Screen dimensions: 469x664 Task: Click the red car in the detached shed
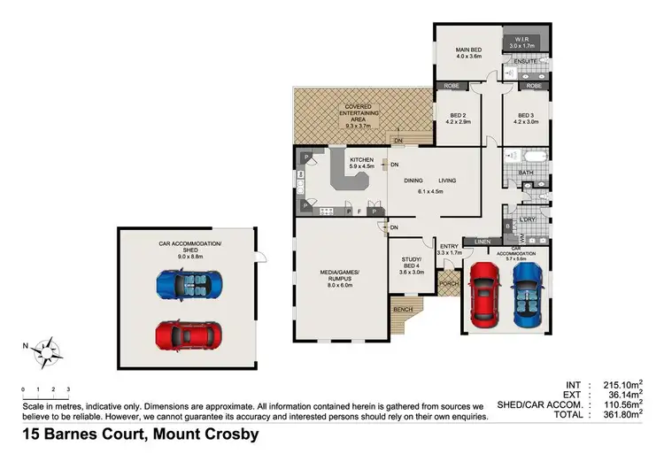click(189, 334)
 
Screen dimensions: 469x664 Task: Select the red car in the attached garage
click(483, 291)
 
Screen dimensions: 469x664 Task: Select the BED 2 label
click(458, 119)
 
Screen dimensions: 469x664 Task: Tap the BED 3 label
click(526, 119)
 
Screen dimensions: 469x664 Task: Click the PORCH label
click(448, 285)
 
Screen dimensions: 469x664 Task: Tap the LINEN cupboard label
click(483, 242)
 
